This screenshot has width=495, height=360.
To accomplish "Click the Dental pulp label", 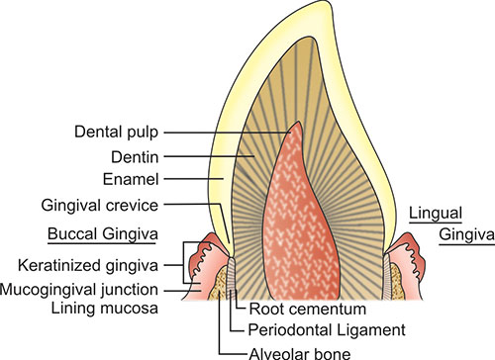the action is click(116, 133).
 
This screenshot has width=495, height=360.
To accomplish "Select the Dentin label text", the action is click(135, 157).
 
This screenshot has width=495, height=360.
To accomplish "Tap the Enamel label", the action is click(131, 179).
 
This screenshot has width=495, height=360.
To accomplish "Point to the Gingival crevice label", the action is click(100, 206).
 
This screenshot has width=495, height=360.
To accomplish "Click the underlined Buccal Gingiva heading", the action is click(103, 234).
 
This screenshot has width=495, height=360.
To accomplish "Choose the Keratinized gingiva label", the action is click(88, 266).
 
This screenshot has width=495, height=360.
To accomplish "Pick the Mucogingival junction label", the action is click(79, 290).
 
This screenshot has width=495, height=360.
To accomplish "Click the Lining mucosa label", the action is click(105, 309).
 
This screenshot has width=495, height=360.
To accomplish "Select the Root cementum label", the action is click(308, 310).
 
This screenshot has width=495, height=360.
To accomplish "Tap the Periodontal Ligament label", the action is click(327, 330).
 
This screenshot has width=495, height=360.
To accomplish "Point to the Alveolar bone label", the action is click(300, 354).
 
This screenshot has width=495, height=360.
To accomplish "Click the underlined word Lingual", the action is click(436, 214).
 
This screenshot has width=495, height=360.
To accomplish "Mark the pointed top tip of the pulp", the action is click(298, 122).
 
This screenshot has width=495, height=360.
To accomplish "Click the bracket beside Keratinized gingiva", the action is click(184, 263).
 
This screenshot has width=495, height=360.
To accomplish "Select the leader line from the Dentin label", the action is click(209, 156).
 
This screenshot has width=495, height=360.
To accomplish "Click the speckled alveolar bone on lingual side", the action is click(397, 281).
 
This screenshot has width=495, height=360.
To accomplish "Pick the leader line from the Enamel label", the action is click(194, 179).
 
